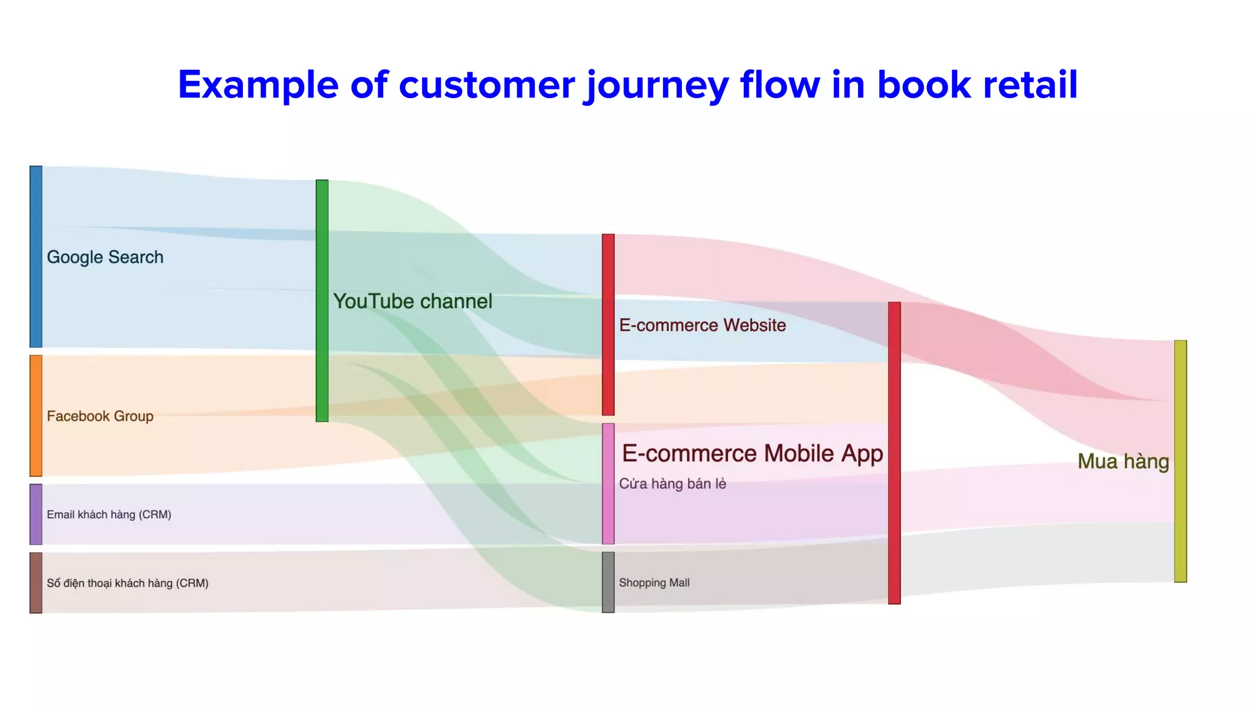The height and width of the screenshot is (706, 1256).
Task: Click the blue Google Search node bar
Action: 36,256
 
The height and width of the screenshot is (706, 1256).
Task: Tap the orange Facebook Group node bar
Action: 36,416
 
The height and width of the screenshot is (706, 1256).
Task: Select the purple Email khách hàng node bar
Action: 36,514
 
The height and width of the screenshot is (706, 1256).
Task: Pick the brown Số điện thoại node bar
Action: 36,583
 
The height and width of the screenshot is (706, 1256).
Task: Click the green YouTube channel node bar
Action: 322,300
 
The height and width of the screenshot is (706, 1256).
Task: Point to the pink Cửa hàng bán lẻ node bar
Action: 608,484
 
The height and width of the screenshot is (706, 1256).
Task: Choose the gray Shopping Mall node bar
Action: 608,582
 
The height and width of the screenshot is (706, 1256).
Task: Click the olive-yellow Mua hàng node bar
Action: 1181,461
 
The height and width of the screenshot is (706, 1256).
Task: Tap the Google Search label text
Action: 105,257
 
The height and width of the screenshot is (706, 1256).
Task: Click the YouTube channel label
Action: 412,301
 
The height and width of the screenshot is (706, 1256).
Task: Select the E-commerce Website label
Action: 702,325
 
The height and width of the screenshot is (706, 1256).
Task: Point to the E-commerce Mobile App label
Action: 752,454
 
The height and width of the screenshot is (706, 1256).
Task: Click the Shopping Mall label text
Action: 654,583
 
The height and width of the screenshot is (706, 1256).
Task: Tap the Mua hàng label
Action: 1123,461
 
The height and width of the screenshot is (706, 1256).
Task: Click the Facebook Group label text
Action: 100,416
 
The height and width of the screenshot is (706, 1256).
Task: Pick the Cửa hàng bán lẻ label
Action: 672,484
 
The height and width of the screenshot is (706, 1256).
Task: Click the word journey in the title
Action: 656,86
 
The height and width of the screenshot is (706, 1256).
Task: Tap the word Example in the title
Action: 258,86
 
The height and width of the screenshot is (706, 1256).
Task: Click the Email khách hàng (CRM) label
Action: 109,515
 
